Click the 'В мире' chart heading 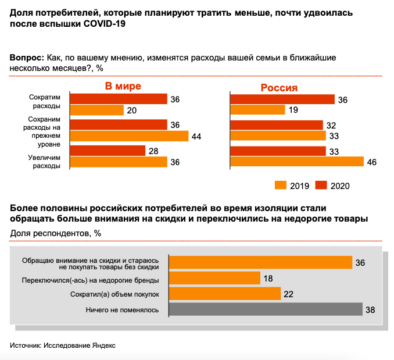click(x=123, y=86)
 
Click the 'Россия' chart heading click(x=279, y=88)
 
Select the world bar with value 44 click(x=129, y=136)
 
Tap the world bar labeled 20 click(x=96, y=110)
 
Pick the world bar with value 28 click(x=108, y=151)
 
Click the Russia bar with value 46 click(x=297, y=162)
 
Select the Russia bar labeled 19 click(x=257, y=109)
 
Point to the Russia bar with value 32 click(x=277, y=125)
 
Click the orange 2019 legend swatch click(x=281, y=185)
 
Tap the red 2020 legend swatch click(x=321, y=185)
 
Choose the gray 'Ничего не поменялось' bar click(x=266, y=309)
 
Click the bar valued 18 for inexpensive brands click(x=214, y=278)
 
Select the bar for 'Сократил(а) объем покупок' click(x=225, y=294)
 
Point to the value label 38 click(x=370, y=310)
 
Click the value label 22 click(x=288, y=294)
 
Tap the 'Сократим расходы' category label click(x=45, y=101)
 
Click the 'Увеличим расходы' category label click(x=44, y=162)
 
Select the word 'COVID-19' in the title click(x=104, y=24)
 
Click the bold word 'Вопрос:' click(x=27, y=58)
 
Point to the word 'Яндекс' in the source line click(x=104, y=345)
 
